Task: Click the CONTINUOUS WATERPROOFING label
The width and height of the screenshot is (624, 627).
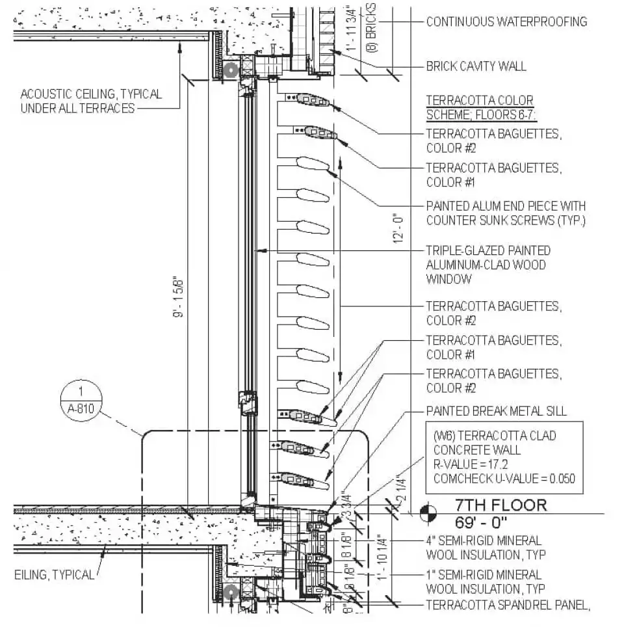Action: (506, 21)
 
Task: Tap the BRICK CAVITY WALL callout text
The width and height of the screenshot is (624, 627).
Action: (476, 66)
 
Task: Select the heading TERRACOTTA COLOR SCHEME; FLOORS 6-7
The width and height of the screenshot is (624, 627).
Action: (480, 107)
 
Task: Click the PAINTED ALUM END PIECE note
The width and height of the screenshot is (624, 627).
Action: (506, 213)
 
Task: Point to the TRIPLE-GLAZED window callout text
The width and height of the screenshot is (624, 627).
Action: (487, 264)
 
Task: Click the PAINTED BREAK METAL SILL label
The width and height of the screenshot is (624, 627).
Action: (496, 411)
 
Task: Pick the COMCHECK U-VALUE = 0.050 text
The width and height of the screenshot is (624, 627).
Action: (504, 479)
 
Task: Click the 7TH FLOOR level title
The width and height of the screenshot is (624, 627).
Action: (500, 505)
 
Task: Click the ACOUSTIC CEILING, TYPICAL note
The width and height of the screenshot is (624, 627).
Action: (91, 101)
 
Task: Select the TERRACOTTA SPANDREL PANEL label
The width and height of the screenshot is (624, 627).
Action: (508, 606)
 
